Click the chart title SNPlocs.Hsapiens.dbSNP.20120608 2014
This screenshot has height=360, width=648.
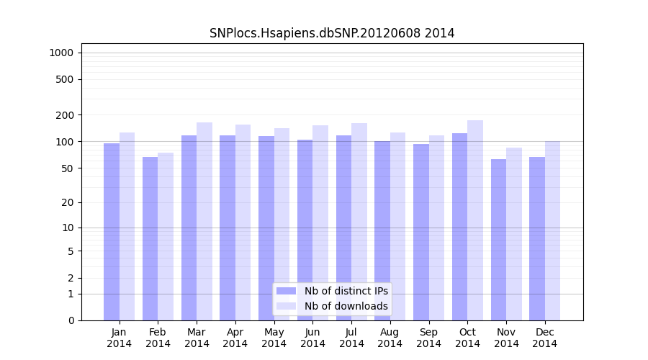point(332,33)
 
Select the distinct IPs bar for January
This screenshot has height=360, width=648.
point(112,230)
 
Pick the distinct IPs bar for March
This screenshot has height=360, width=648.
point(189,228)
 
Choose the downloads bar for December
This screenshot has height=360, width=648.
point(552,230)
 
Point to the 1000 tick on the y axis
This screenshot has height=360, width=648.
point(61,53)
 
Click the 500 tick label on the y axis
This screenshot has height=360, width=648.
point(64,79)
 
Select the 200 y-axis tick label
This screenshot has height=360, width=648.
point(64,115)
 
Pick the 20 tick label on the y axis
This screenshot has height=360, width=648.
point(67,202)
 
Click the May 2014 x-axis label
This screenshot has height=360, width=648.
point(274,338)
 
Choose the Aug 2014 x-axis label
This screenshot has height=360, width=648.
point(390,338)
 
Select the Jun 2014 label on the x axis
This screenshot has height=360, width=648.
point(312,338)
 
